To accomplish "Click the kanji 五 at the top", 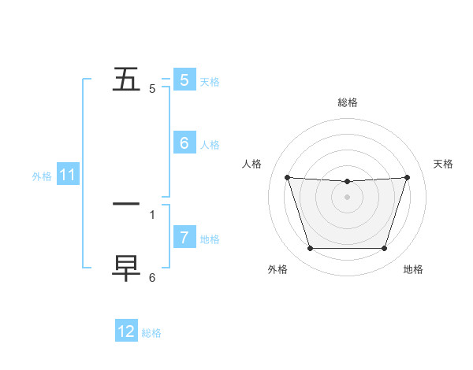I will coord(126,80).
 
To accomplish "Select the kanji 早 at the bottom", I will coord(126,268).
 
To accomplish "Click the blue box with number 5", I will coord(184,80).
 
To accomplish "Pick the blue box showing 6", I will coord(184,143).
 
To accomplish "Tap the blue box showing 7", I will coord(184,237).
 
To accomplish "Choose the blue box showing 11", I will coord(68,176).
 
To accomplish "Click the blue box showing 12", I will coord(126,331).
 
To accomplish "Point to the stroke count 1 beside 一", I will coord(152,214).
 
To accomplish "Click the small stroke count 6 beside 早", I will coord(152,278).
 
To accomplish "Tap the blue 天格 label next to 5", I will coord(210,82).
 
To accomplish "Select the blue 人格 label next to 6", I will coord(210,145).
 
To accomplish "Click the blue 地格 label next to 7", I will coord(210,239).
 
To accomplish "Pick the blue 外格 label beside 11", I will coord(42,176).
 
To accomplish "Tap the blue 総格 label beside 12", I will coord(151,333).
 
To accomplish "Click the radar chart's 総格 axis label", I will coord(347,102).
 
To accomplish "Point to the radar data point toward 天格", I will coord(407,177).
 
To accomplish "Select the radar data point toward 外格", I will coord(310,249).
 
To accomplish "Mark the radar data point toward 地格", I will coord(384,249).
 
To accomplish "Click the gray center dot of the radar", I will coord(347,197).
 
